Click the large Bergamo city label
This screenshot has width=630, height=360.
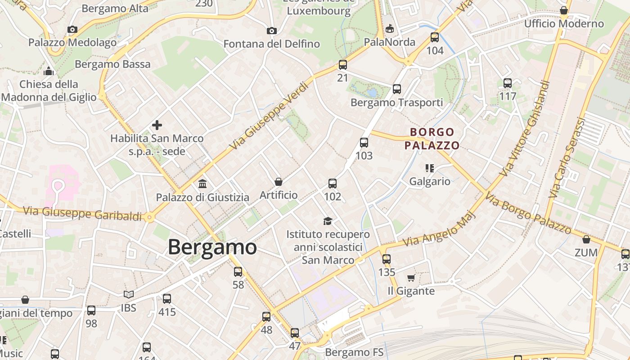click(x=212, y=247)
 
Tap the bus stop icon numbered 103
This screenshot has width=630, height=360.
click(x=364, y=143)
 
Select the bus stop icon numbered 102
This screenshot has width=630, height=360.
click(x=333, y=184)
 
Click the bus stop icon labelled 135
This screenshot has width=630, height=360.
click(x=387, y=259)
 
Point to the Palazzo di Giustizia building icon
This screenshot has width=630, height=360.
click(x=202, y=184)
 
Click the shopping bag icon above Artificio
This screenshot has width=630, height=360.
click(x=279, y=182)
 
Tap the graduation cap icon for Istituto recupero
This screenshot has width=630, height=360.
click(x=328, y=221)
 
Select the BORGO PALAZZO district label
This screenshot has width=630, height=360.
click(x=432, y=139)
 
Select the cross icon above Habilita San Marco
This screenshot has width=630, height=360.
click(x=157, y=125)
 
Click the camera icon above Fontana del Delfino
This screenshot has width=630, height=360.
click(x=271, y=31)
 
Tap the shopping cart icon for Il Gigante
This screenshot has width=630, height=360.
click(x=411, y=278)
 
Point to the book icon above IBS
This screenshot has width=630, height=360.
click(x=129, y=294)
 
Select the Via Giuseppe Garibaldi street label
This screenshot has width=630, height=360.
click(x=82, y=213)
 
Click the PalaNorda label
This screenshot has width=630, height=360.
click(x=390, y=42)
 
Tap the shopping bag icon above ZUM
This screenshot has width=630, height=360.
click(x=586, y=239)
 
